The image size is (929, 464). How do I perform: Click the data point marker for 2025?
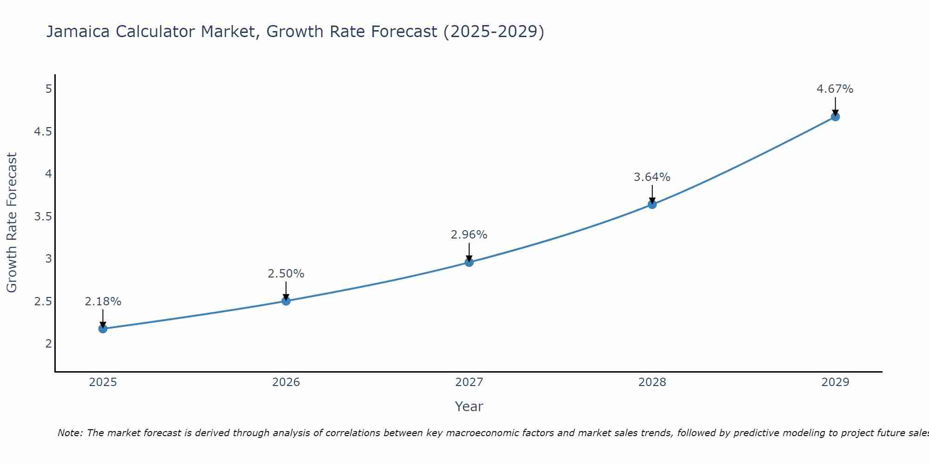coord(103,329)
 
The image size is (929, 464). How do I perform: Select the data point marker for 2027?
coord(469,262)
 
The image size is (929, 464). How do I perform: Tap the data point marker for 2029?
coord(835,116)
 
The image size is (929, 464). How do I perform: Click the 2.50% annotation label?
coord(286,274)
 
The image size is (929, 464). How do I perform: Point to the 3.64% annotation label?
coord(652,177)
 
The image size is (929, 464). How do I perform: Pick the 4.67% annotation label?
coord(835,89)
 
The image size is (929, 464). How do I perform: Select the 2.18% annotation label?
coord(103,302)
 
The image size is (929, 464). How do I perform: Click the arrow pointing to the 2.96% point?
coord(469,252)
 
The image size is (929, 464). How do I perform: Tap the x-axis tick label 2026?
coord(286,382)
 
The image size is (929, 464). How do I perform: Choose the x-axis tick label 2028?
coord(652,382)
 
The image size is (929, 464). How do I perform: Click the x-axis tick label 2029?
coord(835,382)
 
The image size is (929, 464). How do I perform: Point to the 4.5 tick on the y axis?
coord(43,132)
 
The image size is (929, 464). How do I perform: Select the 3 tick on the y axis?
coord(49,259)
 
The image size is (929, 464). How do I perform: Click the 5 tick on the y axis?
coord(49,89)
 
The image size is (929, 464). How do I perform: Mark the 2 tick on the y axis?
coord(49,344)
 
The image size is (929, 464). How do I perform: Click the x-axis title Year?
coord(469,406)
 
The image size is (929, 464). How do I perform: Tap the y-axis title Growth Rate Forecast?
coord(12,222)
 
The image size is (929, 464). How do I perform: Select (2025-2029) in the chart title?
coord(493,32)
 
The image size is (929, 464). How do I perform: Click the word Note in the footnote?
coord(70,433)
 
